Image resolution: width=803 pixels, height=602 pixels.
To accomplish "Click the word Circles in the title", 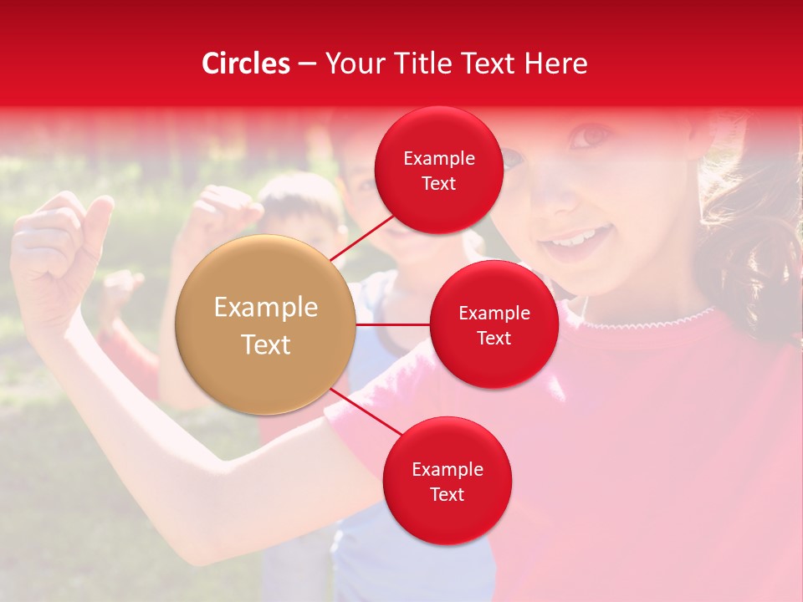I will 246,64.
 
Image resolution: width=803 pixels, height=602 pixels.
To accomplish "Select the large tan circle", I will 266,324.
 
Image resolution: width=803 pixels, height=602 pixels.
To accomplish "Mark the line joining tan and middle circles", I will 393,324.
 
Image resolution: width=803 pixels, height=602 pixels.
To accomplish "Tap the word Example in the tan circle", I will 266,308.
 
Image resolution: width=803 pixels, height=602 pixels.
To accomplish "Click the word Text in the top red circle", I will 438,183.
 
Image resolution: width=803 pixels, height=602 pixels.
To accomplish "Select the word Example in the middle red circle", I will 494,313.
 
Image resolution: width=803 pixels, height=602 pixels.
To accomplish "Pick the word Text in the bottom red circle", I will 447,494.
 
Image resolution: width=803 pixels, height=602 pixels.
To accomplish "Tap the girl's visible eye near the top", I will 592,134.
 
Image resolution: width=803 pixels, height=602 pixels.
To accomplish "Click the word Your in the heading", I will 354,64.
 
